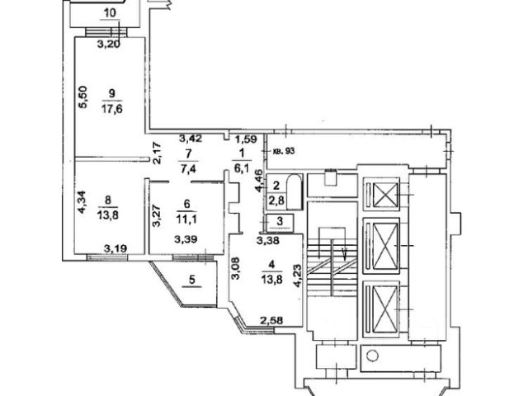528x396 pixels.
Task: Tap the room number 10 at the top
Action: coord(110,13)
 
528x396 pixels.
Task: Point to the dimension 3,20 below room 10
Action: coord(110,45)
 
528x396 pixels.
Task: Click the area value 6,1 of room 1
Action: coord(242,167)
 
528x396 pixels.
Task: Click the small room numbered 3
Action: coord(280,221)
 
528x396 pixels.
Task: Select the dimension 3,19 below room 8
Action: coord(115,247)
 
